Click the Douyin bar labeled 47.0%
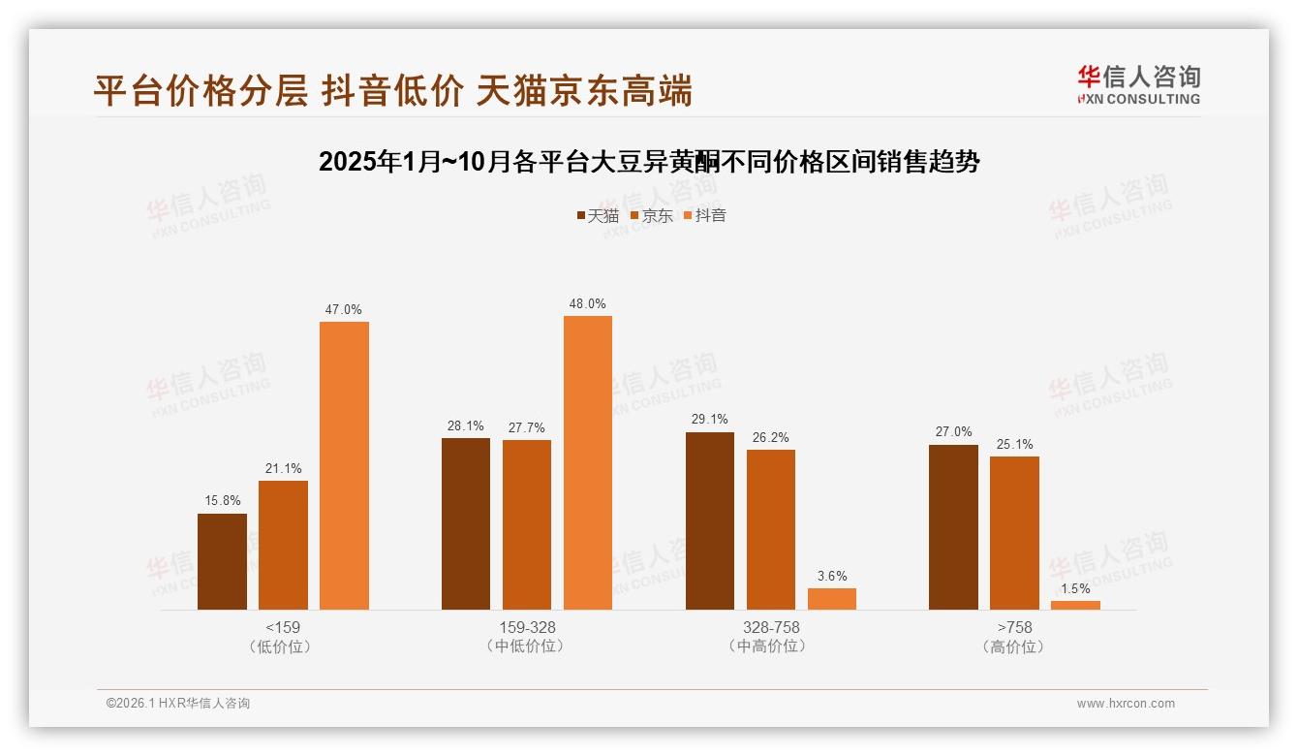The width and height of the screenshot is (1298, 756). pos(344,465)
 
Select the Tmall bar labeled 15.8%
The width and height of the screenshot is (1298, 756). pos(222,561)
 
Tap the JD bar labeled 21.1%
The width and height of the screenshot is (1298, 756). pos(283,545)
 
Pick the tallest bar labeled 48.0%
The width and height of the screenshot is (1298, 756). pos(588,462)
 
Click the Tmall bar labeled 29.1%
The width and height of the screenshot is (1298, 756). pos(710,520)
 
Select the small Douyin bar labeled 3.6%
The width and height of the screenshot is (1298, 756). pos(832,599)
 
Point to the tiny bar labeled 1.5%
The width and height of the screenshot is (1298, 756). pos(1075,605)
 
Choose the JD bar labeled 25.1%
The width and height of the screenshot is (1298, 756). pos(1014,533)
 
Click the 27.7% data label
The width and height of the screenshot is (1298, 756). pos(526,427)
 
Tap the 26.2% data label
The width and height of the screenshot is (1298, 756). pos(770,437)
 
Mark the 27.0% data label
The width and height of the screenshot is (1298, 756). pos(953,432)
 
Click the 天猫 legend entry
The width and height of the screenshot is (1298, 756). pos(597,215)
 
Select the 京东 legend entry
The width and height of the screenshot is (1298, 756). pos(651,215)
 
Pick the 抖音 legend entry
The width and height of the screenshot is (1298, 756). pos(705,215)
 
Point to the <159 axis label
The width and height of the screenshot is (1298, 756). pos(282,627)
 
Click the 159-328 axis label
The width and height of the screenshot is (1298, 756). pos(527,627)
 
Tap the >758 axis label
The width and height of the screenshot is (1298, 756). pos(1014,627)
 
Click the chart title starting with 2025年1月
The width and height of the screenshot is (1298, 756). pos(649,162)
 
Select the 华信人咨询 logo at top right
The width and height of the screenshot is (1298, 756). pos(1138,84)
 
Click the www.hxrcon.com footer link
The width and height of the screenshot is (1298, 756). pos(1126,704)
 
